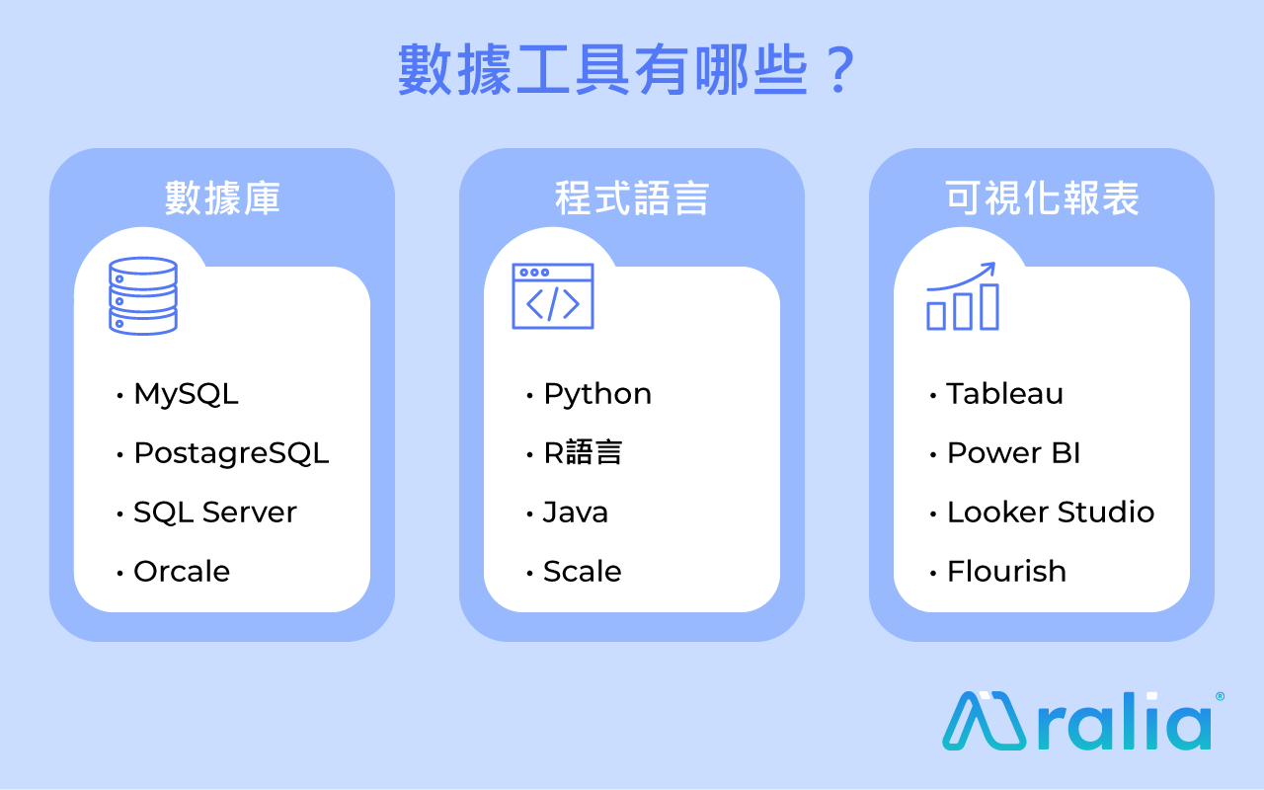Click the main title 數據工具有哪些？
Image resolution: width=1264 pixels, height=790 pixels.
[x=627, y=70]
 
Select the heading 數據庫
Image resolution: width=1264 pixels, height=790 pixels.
[x=222, y=198]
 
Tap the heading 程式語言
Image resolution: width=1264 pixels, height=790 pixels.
[x=631, y=198]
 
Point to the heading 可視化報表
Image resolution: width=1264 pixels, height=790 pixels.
[x=1042, y=198]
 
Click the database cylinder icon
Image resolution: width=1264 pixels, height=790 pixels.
[x=143, y=296]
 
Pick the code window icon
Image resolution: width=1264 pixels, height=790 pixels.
[x=553, y=296]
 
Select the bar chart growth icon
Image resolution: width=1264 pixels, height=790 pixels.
[x=963, y=296]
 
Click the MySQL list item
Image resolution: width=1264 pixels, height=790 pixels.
[x=187, y=394]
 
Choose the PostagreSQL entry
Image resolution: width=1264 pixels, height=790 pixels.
[x=231, y=453]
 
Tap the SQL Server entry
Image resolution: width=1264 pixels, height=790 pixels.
[x=215, y=513]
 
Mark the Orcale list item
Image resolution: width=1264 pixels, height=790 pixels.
[x=182, y=572]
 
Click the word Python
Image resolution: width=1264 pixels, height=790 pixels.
[x=597, y=394]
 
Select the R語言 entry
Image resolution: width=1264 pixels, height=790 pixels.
[x=583, y=453]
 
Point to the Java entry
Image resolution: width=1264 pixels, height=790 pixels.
[x=576, y=513]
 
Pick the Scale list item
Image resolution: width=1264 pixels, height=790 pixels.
[x=583, y=572]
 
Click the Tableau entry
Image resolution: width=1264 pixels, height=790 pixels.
[x=1004, y=394]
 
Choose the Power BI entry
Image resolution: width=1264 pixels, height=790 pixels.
[x=1013, y=453]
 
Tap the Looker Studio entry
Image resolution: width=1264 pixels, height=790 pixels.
[x=1051, y=513]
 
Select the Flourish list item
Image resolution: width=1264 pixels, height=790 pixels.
[x=1006, y=572]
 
